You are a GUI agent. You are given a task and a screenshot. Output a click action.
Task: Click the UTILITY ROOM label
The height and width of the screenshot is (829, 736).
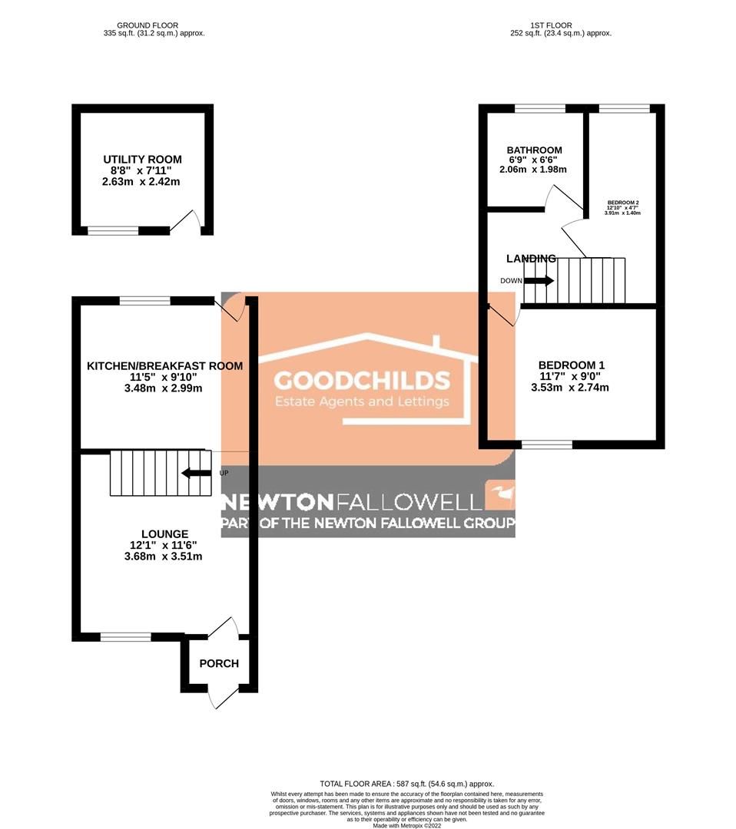coord(143,160)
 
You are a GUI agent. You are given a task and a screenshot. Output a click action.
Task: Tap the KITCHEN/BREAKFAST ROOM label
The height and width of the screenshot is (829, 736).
coord(164,366)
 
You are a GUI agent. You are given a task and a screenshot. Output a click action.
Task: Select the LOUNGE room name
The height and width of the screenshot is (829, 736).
coord(164,533)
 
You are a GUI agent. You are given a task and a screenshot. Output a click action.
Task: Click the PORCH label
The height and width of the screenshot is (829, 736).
coord(219,663)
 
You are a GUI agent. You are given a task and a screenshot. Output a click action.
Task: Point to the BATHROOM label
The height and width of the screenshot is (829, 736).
coord(534,150)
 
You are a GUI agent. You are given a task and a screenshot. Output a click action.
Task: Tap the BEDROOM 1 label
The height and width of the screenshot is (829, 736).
coord(571,365)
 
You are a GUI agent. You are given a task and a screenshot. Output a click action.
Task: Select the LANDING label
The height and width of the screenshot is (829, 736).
coord(531,259)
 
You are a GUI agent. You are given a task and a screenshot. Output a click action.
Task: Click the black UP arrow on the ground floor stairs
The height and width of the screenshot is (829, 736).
coord(196,473)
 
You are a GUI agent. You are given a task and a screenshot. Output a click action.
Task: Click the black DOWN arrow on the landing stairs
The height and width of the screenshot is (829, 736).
coord(539,281)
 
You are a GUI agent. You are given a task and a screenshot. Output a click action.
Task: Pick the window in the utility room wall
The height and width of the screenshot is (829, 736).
coord(113,230)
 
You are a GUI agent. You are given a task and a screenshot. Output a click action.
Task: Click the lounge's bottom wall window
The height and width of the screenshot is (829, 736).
coord(125,636)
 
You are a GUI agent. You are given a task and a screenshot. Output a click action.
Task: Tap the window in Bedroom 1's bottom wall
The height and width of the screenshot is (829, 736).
coord(547,444)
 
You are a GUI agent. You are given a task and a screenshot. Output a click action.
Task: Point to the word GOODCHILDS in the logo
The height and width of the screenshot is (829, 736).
coord(362,381)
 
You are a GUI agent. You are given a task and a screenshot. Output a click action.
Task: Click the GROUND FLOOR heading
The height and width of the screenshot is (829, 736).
coord(154,24)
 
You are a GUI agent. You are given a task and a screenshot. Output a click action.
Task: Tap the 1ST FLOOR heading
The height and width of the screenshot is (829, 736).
coord(561,24)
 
